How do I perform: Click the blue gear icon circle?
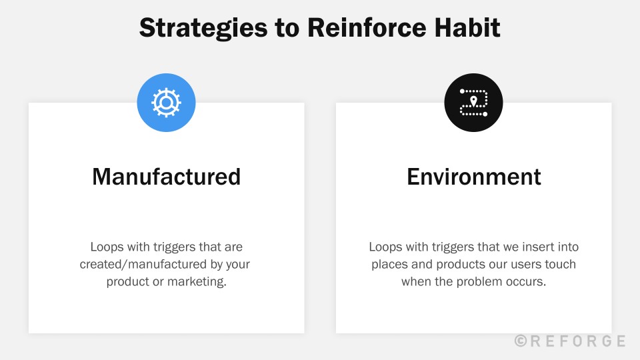point(166,103)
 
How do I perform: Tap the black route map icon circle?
point(473,103)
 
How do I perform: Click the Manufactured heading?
point(166,177)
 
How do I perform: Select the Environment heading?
point(473,177)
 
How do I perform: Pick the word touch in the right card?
point(561,264)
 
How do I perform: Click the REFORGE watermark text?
point(577,341)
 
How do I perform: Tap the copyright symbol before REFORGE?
point(521,341)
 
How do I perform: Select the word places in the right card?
point(389,264)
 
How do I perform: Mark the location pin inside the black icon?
point(473,101)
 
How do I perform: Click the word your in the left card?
point(238,264)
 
